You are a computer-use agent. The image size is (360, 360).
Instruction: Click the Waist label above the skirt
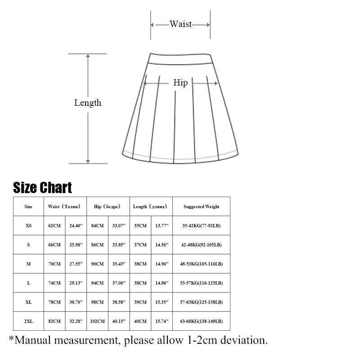[x=180, y=24]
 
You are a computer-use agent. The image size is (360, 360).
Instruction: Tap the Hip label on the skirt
[x=180, y=83]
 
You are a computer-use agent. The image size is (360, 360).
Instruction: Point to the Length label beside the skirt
[x=88, y=103]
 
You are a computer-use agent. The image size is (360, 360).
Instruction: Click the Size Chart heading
[x=42, y=188]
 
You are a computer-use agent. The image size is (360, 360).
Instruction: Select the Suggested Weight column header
[x=201, y=207]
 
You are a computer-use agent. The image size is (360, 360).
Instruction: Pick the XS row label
[x=28, y=226]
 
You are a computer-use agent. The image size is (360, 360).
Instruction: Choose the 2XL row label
[x=28, y=321]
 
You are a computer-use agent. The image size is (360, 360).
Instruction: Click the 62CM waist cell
[x=54, y=226]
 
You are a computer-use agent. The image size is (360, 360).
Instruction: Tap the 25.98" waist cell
[x=76, y=245]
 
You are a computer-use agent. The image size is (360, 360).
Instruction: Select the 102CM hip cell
[x=97, y=321]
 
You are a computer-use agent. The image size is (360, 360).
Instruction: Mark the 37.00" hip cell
[x=119, y=283]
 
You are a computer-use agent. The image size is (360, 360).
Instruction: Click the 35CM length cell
[x=140, y=226]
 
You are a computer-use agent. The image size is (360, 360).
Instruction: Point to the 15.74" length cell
[x=162, y=321]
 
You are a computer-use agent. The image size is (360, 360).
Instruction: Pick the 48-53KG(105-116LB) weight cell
[x=202, y=264]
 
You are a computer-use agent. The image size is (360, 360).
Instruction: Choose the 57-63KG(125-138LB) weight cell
[x=202, y=302]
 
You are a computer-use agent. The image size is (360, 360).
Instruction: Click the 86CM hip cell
[x=97, y=245]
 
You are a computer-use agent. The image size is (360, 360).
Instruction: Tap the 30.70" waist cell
[x=76, y=302]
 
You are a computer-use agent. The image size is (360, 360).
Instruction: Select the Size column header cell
[x=28, y=207]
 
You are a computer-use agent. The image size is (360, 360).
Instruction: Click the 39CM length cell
[x=140, y=302]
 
